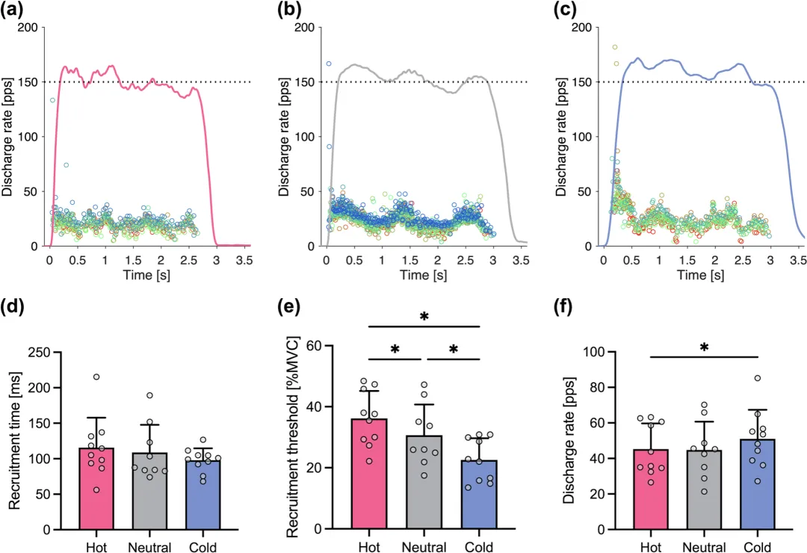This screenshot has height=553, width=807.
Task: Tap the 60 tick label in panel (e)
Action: (326, 346)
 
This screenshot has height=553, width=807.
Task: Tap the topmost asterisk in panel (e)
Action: (424, 318)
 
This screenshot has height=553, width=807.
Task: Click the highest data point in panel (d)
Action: (96, 377)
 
